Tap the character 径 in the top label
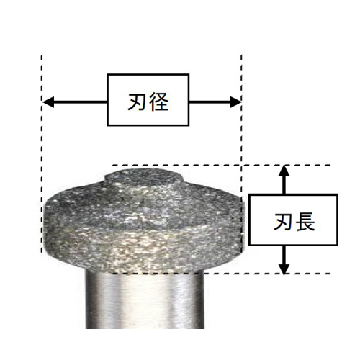point(159,102)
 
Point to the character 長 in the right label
point(305,222)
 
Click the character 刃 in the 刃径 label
point(138,102)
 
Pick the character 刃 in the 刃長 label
point(284,222)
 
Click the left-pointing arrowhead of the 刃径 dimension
point(48,102)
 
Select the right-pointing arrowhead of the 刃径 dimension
point(235,102)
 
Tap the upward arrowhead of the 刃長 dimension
point(284,171)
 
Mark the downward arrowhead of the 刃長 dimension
point(284,269)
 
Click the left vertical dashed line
point(42,153)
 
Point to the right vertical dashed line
point(241,153)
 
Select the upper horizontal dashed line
point(222,165)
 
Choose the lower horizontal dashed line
point(222,274)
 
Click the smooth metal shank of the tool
point(145,301)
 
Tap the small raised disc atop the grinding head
point(144,176)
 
